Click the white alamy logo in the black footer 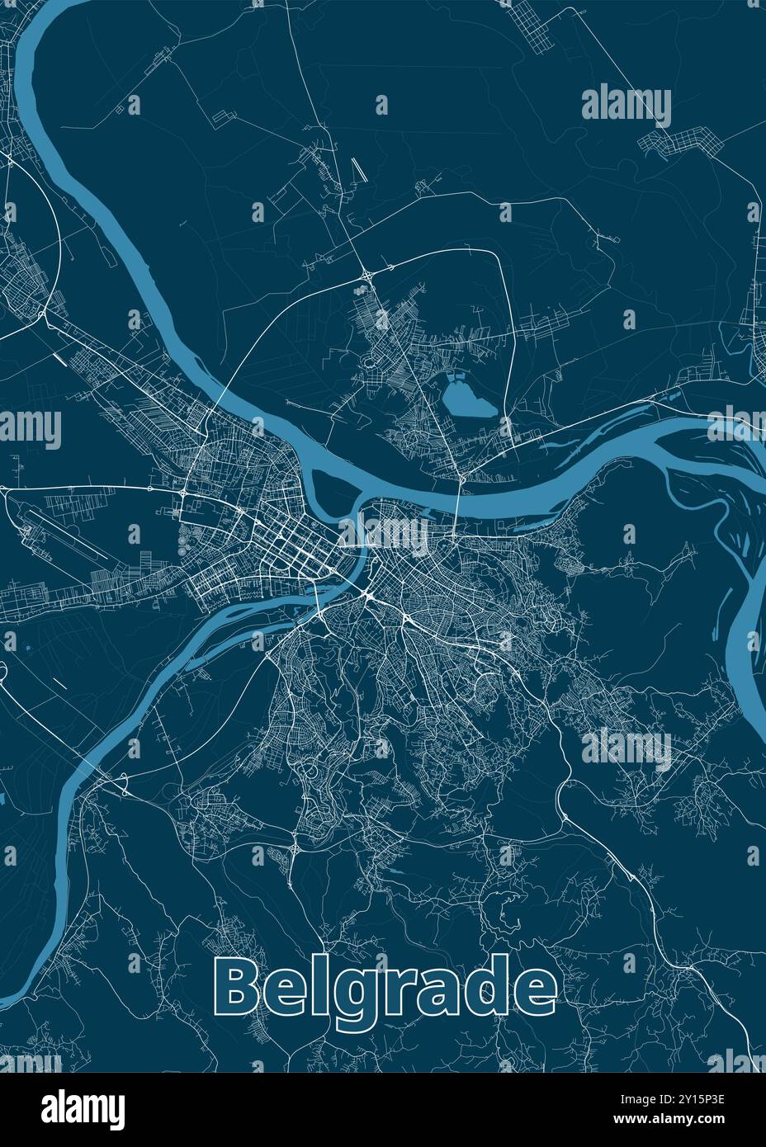[x=83, y=1108]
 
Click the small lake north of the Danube [x=467, y=404]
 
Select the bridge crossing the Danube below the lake [x=459, y=496]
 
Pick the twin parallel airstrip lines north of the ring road [x=358, y=170]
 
